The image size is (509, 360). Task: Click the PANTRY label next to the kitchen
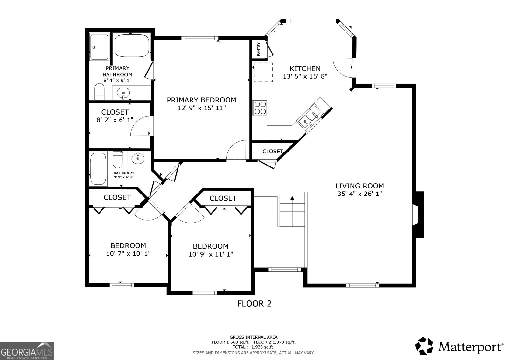click(258, 49)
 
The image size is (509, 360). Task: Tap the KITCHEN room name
click(305, 68)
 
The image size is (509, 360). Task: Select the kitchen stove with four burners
click(260, 108)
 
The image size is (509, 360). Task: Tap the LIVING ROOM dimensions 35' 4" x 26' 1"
click(359, 194)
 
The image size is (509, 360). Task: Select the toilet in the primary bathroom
click(100, 92)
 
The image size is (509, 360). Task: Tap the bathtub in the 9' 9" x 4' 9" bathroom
click(98, 169)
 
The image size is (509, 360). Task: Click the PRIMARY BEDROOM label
click(201, 100)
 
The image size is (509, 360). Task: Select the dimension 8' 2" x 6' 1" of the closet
click(115, 120)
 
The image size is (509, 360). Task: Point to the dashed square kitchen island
click(263, 73)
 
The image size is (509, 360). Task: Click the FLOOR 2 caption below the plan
click(254, 304)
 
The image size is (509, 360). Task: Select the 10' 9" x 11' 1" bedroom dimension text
click(211, 254)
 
